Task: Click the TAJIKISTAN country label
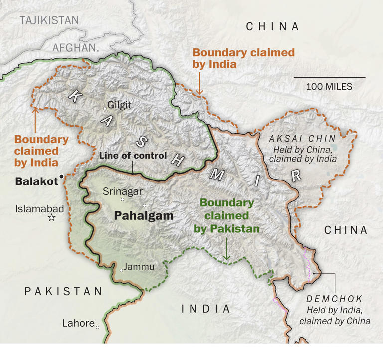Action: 49,20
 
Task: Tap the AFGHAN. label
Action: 75,48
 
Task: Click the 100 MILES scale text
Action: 329,87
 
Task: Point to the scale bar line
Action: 329,78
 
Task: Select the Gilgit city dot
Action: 105,108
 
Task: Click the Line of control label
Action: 133,156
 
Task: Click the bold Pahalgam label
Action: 144,216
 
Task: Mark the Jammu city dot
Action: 121,270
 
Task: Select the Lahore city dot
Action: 98,327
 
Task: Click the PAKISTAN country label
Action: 63,291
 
